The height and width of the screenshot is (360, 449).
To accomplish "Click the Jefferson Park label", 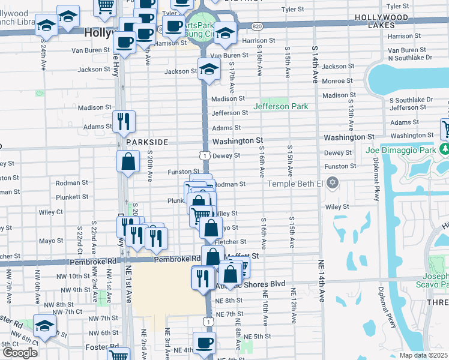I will [x=280, y=106].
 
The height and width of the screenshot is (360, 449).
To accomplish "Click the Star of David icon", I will [x=333, y=183].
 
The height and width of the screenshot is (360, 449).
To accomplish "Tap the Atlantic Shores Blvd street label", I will [x=259, y=284].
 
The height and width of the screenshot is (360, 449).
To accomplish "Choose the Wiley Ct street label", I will [x=51, y=211].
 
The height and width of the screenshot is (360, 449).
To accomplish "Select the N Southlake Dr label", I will [x=411, y=58].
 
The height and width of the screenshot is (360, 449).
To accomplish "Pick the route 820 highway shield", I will [x=257, y=26].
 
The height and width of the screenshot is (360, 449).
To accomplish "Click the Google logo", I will [x=20, y=353].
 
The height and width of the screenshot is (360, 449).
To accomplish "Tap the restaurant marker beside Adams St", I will [x=124, y=121].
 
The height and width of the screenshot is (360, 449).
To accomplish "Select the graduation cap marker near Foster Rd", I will [x=44, y=326].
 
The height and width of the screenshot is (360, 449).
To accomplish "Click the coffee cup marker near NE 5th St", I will [x=204, y=343].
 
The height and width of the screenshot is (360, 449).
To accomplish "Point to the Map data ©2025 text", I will [x=424, y=355].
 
